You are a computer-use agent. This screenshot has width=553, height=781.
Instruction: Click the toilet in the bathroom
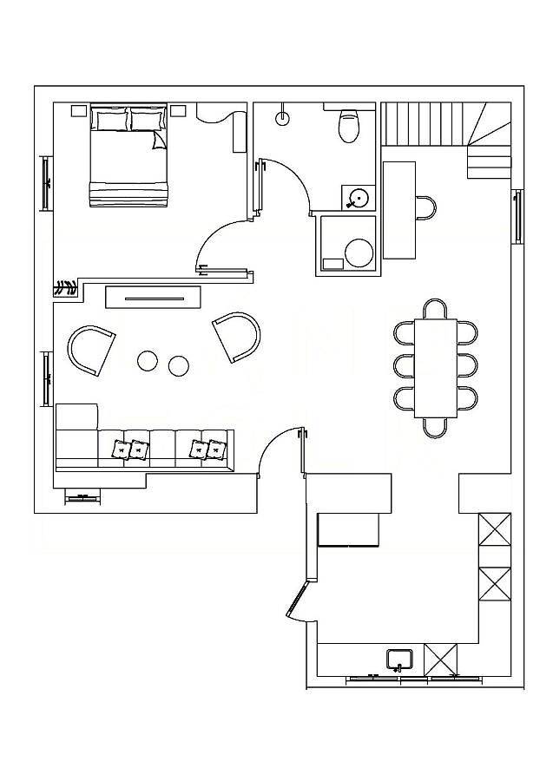349,127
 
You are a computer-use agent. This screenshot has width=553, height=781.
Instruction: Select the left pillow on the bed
110,119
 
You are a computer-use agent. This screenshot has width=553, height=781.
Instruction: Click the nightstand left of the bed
79,110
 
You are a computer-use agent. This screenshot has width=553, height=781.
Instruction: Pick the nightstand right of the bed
179,110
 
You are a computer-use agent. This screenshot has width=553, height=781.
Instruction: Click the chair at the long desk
425,208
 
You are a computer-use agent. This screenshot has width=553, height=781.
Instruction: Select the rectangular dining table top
435,368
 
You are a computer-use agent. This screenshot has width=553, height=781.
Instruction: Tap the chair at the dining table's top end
435,309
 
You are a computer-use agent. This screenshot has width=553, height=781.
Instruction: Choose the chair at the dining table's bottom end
435,427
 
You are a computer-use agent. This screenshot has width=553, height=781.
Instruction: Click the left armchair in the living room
91,348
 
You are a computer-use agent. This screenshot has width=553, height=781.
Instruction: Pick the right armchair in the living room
237,336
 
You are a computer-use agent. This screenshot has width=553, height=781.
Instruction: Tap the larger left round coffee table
148,361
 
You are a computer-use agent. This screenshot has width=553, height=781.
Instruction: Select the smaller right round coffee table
179,366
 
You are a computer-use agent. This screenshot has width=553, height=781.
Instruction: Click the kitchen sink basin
400,660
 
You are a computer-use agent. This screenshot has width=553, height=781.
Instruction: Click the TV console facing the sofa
154,297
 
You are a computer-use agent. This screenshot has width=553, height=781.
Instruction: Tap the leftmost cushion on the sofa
120,450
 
